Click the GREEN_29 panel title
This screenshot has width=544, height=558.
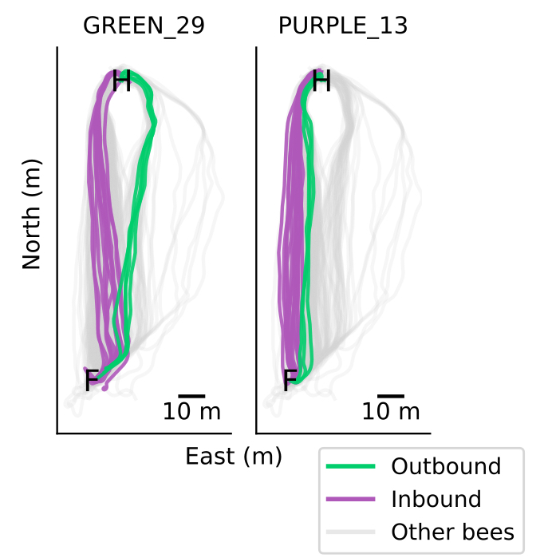click(144, 26)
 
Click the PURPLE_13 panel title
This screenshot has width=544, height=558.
click(343, 26)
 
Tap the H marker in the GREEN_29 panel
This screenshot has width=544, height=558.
click(121, 81)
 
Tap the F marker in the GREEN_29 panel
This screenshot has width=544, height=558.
click(92, 382)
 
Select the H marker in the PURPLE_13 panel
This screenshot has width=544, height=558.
click(321, 81)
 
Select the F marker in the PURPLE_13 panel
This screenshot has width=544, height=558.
click(290, 382)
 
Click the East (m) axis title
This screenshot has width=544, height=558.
click(234, 457)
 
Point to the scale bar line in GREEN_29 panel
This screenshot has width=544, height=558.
click(191, 395)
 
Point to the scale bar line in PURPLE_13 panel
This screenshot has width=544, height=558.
click(391, 395)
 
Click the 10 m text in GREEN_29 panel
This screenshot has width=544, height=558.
click(191, 412)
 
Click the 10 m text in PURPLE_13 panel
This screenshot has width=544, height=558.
click(391, 412)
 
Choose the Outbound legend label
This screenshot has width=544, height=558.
click(446, 467)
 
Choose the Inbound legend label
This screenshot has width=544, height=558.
click(436, 500)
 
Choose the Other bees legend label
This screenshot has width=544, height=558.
click(453, 532)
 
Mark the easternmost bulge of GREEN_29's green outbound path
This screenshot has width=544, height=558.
click(155, 121)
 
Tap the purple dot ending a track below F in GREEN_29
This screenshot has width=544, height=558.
click(104, 389)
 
